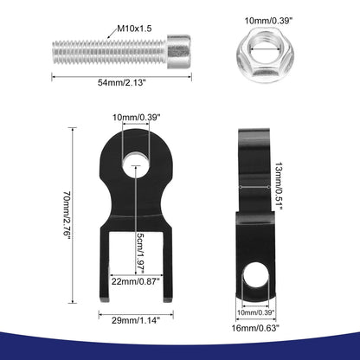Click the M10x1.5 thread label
click(134, 29)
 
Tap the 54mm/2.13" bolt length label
click(122, 83)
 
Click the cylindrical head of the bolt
click(179, 52)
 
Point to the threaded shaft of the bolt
click(110, 52)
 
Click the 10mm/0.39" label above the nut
click(269, 21)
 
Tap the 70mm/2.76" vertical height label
click(67, 215)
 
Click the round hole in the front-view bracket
click(136, 166)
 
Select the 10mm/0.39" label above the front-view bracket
click(136, 118)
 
